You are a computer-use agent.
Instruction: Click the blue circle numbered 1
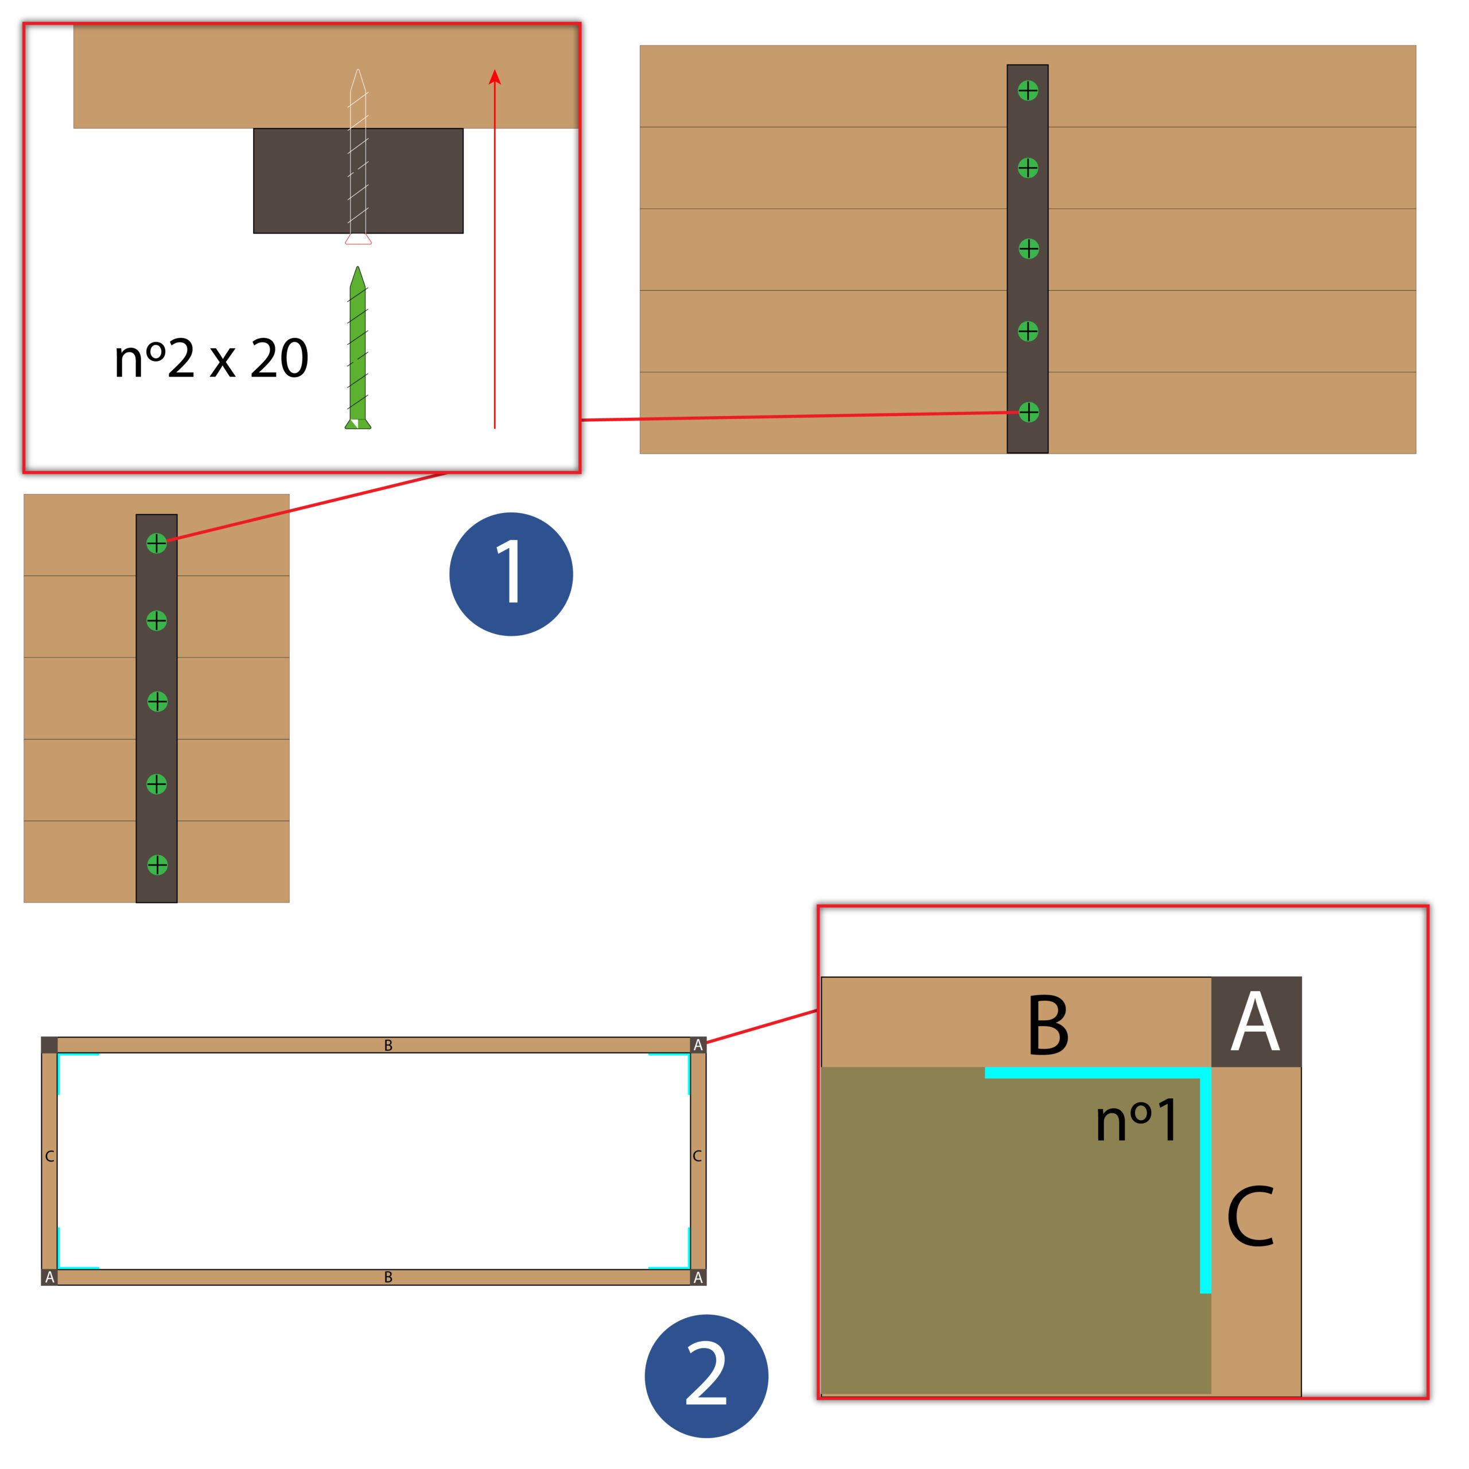click(511, 574)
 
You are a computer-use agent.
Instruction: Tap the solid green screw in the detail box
click(357, 348)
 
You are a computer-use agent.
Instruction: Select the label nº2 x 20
click(211, 358)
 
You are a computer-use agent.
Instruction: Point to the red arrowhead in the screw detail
click(495, 77)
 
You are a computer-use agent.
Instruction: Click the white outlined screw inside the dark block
click(358, 157)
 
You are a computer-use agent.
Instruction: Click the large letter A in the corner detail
click(1256, 1021)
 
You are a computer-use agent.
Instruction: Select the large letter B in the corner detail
click(1048, 1025)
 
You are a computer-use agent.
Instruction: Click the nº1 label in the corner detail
click(1137, 1121)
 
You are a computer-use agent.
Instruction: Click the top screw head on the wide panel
click(1028, 91)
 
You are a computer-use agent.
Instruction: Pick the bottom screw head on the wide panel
click(1029, 412)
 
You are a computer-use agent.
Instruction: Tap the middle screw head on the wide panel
click(1029, 248)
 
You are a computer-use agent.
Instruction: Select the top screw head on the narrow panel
click(157, 543)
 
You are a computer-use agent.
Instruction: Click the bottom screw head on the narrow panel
click(157, 865)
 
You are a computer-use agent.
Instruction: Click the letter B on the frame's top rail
click(388, 1046)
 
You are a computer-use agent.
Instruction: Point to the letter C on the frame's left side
click(49, 1156)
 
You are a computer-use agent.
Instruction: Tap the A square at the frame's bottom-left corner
click(49, 1277)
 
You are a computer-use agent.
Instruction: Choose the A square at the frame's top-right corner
click(698, 1045)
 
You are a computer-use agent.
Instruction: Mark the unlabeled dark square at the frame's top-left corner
click(49, 1045)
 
